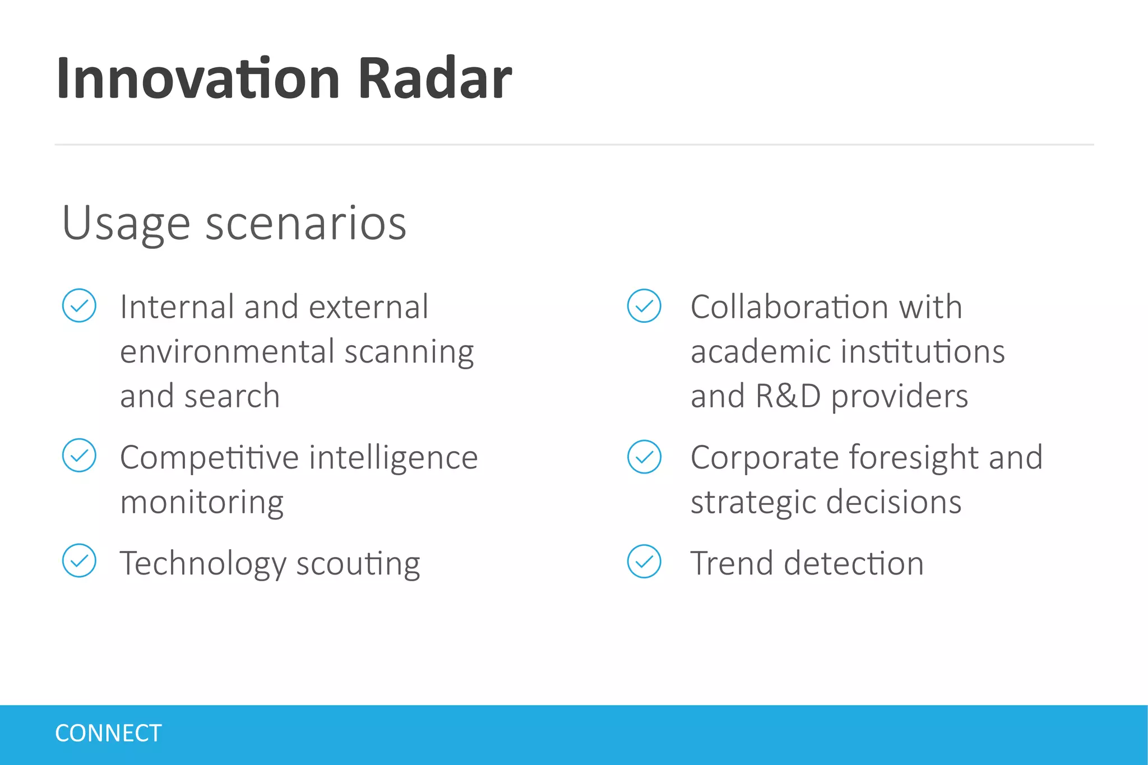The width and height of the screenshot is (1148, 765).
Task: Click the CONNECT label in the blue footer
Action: [108, 734]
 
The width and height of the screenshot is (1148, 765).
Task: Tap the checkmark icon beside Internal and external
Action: [79, 305]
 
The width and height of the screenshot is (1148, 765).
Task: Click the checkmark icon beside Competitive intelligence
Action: [79, 455]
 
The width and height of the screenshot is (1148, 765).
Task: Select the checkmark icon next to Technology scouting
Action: [79, 560]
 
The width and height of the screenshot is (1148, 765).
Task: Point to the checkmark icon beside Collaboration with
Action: [644, 305]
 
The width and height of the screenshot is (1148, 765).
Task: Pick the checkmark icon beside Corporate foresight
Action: [644, 457]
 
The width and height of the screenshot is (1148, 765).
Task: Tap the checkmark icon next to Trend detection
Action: [644, 561]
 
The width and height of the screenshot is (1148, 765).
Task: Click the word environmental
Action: [227, 352]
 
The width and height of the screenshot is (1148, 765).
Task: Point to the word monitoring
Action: [202, 502]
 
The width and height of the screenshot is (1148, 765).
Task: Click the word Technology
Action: [203, 563]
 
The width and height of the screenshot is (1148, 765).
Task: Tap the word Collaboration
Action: [790, 307]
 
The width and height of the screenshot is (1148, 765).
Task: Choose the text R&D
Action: [788, 396]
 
